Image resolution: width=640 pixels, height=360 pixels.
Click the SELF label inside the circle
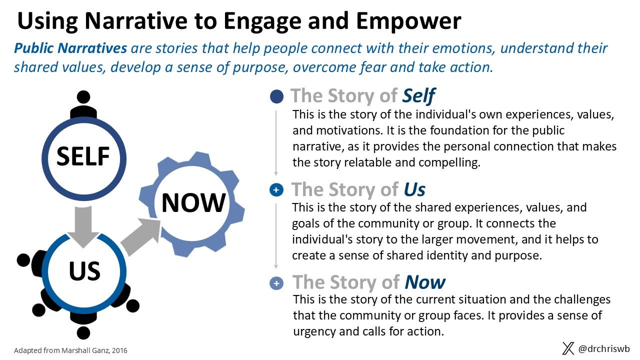tap(83, 156)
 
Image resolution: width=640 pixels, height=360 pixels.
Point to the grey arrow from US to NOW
tap(142, 235)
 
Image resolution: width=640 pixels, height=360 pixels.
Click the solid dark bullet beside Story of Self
tap(276, 96)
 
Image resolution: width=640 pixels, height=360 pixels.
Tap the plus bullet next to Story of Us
tap(276, 190)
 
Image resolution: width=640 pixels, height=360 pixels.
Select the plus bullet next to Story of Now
tap(276, 283)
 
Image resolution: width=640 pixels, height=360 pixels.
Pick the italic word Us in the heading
tap(414, 189)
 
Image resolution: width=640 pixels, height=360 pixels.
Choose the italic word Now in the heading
tap(424, 282)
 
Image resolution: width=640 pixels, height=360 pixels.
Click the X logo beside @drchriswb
tap(568, 348)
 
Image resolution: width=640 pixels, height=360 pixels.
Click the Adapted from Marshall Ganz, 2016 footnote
tap(70, 350)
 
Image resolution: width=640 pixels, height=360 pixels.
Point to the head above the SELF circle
tap(83, 97)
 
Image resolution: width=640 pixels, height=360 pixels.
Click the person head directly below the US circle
tap(83, 332)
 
